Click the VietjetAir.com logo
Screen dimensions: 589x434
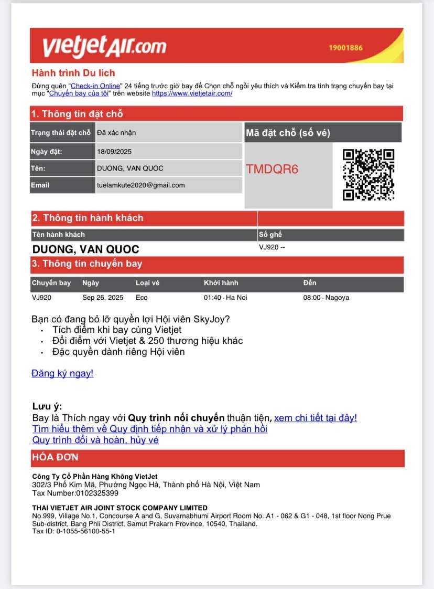click(104, 46)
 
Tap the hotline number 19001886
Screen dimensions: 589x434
click(345, 48)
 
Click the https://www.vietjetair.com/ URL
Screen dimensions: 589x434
click(192, 93)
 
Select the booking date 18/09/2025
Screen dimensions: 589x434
click(114, 152)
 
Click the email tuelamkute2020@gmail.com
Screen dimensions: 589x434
click(141, 185)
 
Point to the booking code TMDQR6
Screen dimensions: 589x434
click(272, 169)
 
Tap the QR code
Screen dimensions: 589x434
click(368, 175)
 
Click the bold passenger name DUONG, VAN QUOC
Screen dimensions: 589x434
click(86, 249)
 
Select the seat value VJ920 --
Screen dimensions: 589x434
click(272, 247)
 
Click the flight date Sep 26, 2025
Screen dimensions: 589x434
click(103, 298)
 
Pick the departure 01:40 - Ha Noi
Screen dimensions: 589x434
click(225, 298)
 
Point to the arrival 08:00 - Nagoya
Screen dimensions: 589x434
click(326, 298)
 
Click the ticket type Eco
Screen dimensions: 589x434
click(142, 298)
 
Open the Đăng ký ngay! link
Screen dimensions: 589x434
click(62, 373)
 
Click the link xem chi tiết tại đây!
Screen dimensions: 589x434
click(316, 418)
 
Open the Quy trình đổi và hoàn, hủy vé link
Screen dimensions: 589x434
click(95, 440)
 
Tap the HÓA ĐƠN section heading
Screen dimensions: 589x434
click(55, 457)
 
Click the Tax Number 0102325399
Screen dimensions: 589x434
click(75, 493)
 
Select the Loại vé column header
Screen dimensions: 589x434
click(147, 283)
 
